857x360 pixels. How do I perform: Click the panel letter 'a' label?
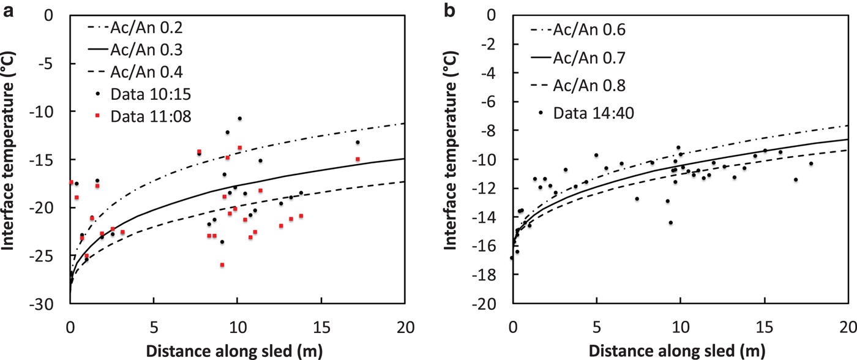tap(10, 10)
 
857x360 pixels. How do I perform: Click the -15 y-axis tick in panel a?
tap(52, 160)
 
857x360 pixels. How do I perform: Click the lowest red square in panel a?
tap(222, 264)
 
